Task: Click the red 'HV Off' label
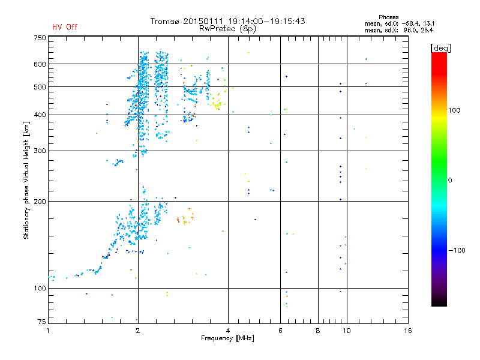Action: tap(64, 27)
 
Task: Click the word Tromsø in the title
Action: tap(164, 21)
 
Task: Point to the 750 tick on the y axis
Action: tap(40, 38)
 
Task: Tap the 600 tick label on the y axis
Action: tap(40, 64)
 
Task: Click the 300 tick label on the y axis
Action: tap(40, 151)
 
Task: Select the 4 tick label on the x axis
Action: tap(228, 331)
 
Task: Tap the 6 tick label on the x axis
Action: tap(280, 331)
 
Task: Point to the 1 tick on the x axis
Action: tap(49, 331)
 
